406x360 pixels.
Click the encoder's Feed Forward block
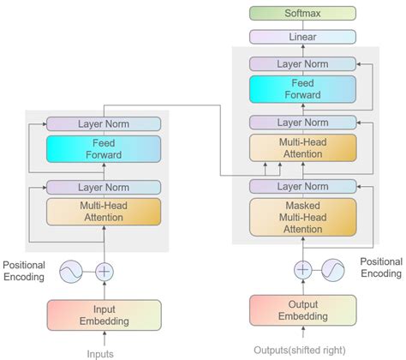[103, 149]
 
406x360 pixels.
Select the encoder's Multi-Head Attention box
[103, 211]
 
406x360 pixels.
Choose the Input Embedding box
[104, 315]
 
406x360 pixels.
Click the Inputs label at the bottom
[101, 352]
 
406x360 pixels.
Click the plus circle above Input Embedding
[104, 272]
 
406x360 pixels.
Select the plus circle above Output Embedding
[302, 269]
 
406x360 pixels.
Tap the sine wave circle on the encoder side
[71, 272]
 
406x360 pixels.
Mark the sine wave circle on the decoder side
[332, 269]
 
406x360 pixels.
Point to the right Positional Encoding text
[380, 267]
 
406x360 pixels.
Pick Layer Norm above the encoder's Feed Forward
[103, 123]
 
